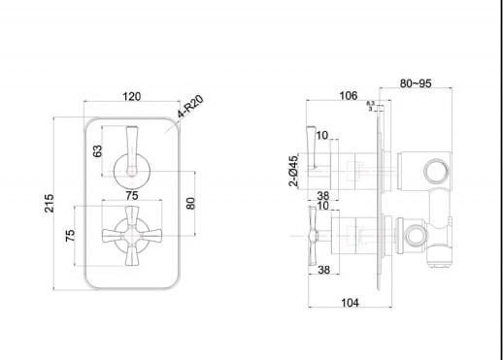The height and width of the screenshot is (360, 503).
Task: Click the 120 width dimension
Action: click(x=133, y=96)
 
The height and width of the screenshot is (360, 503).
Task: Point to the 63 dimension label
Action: click(x=97, y=151)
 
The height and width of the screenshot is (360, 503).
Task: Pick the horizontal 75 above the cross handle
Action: click(x=131, y=192)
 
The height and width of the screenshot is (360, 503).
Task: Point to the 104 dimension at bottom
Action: click(x=351, y=304)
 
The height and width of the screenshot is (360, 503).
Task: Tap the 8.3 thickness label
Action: click(x=370, y=103)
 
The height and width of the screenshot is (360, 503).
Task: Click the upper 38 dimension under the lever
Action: click(x=323, y=195)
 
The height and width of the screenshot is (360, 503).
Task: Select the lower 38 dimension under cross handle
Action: click(x=323, y=271)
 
